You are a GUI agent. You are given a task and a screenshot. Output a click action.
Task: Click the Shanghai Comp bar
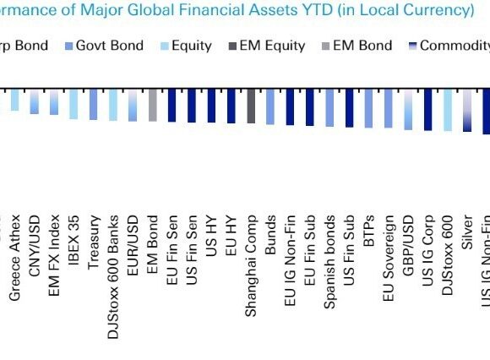pos(251,106)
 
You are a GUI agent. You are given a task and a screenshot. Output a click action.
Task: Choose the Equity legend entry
pos(185,45)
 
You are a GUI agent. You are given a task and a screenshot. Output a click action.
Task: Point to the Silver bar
pos(467,110)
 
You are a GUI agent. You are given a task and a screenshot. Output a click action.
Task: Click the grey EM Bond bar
pos(153,105)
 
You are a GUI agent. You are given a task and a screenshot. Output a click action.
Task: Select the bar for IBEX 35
pos(73,103)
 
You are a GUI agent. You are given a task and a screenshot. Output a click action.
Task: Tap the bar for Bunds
pos(270,106)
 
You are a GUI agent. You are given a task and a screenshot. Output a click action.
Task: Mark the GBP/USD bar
pos(408,109)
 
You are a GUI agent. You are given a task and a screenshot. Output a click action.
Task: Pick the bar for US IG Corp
pos(427,110)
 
